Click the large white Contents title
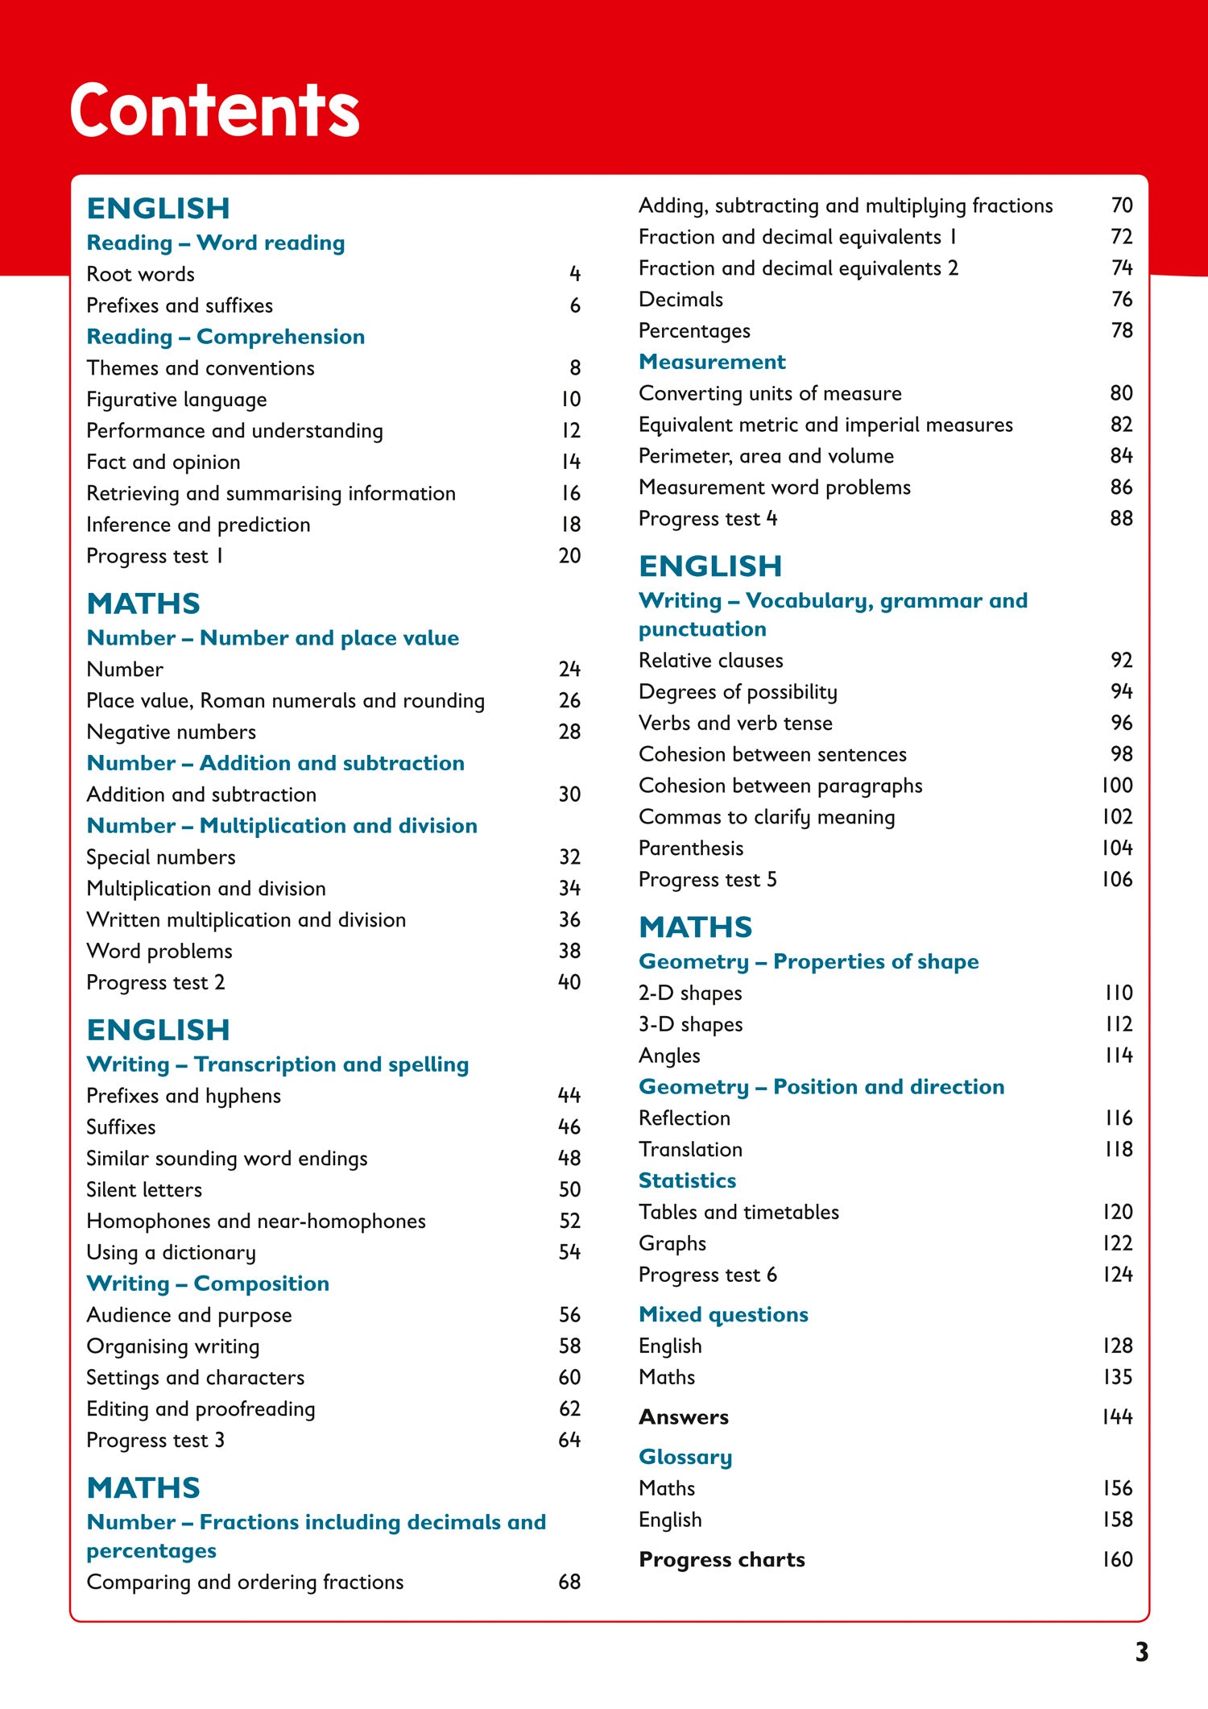point(214,110)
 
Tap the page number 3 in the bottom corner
point(1141,1652)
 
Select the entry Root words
point(141,275)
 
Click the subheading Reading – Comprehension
point(225,337)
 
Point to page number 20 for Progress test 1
point(569,556)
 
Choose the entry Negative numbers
point(172,732)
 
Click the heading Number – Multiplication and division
point(282,826)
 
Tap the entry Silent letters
point(144,1190)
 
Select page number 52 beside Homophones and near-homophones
point(569,1222)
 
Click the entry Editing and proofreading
point(201,1409)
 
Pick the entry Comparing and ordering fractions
point(245,1582)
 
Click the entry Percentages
point(694,331)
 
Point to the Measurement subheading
point(712,362)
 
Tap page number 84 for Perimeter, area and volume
point(1121,456)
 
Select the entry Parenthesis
point(691,848)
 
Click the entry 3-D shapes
point(691,1025)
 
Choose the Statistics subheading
point(687,1181)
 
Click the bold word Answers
point(684,1417)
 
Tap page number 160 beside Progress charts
point(1117,1560)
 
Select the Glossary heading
point(685,1458)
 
